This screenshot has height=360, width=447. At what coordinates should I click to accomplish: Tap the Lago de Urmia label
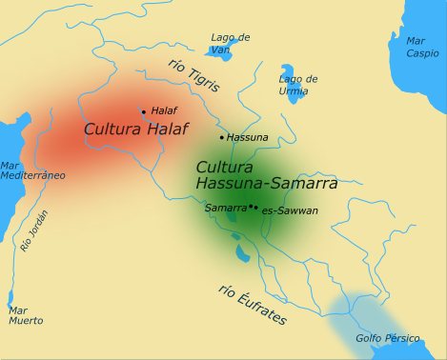(298, 85)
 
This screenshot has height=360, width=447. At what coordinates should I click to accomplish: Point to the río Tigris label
(192, 77)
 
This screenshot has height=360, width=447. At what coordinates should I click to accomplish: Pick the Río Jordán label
(33, 230)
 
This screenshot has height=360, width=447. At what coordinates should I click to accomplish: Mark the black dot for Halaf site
(144, 111)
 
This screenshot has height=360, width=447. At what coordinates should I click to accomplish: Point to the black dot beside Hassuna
(222, 137)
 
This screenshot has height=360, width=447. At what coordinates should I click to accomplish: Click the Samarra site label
(226, 207)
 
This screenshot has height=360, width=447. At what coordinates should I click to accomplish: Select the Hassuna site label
(248, 137)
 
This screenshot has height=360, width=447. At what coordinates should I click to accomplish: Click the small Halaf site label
(164, 110)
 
